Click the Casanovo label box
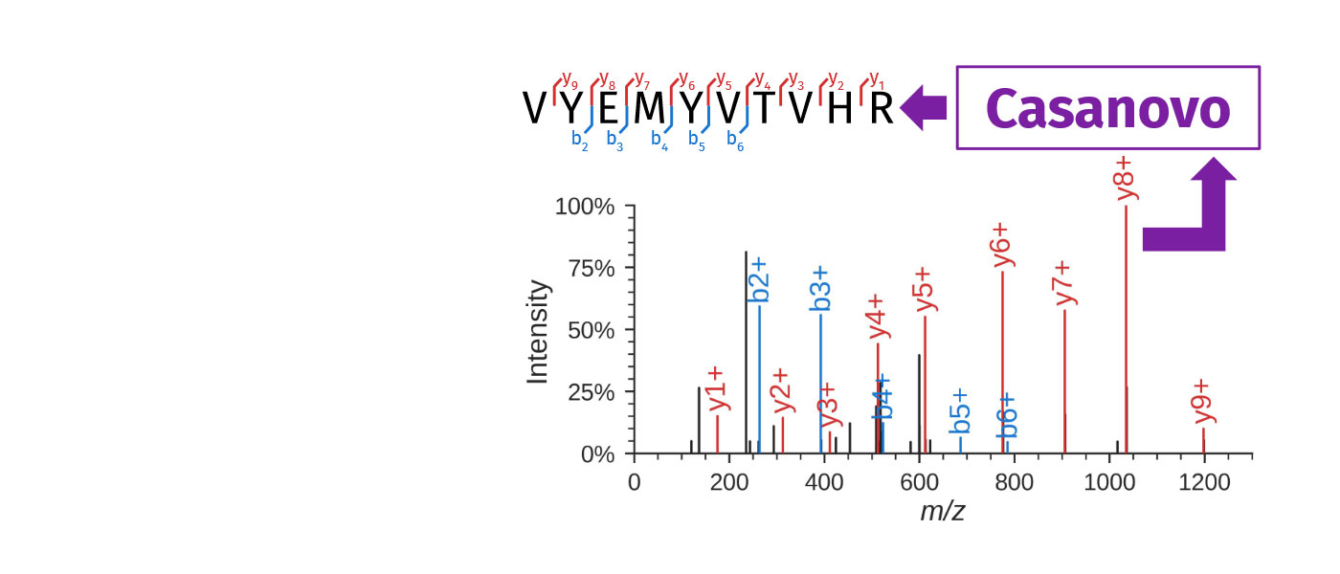click(x=1107, y=108)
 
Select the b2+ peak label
click(x=761, y=279)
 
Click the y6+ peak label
click(x=1002, y=245)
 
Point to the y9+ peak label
click(x=1203, y=401)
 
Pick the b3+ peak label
click(x=820, y=289)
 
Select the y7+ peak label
click(x=1064, y=283)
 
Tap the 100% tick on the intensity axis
click(x=585, y=207)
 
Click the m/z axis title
click(x=942, y=512)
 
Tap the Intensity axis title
click(x=539, y=332)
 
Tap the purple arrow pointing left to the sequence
click(x=924, y=107)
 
